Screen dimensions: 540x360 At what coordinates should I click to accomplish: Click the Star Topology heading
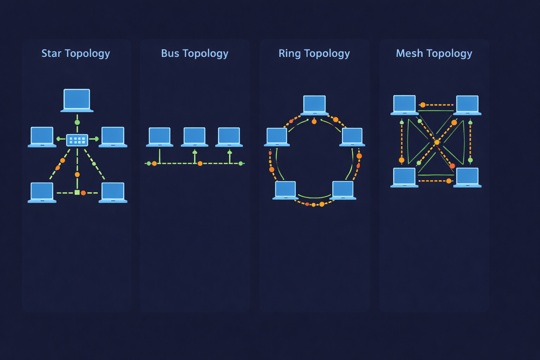[76, 53]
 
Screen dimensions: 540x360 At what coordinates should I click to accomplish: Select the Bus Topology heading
[194, 53]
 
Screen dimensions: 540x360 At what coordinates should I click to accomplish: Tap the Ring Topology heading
[314, 53]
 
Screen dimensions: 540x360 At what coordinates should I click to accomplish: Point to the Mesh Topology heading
[434, 53]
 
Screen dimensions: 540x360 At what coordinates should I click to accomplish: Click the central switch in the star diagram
[77, 140]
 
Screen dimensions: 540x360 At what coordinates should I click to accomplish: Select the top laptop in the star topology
[77, 100]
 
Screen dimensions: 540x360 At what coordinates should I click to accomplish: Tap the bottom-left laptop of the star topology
[42, 192]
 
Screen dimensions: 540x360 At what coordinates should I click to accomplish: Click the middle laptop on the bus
[194, 136]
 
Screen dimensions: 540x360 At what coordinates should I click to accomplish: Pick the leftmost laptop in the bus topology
[160, 136]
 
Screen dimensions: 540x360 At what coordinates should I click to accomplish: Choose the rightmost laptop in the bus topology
[229, 136]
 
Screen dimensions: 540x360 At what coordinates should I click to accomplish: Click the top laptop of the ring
[315, 105]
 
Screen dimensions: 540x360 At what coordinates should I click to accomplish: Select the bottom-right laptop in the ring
[343, 190]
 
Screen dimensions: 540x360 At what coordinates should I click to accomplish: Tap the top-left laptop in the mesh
[404, 104]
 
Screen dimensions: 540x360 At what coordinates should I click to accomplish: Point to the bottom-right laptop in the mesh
[467, 177]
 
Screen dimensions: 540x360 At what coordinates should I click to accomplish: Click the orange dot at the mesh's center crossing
[437, 142]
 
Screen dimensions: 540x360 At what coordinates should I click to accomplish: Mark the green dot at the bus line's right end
[240, 163]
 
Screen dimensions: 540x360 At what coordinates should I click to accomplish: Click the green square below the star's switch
[77, 192]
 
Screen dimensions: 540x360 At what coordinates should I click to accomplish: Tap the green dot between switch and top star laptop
[77, 122]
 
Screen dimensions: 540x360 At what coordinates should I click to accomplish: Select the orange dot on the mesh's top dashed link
[423, 105]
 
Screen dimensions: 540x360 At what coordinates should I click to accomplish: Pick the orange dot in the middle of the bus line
[200, 163]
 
